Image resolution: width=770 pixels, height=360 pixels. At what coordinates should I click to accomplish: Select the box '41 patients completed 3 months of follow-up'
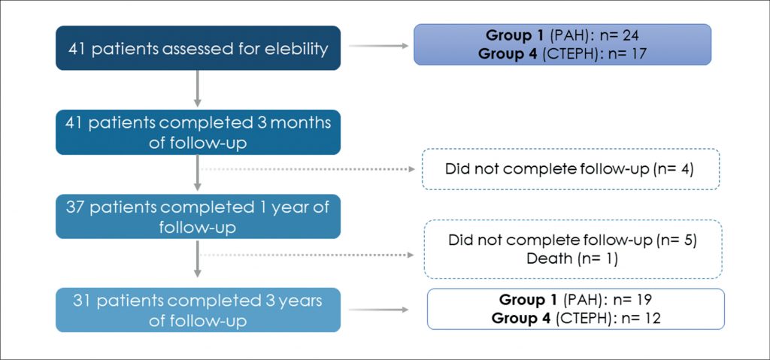[198, 132]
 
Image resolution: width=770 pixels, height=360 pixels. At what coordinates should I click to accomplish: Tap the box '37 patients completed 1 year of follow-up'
[198, 216]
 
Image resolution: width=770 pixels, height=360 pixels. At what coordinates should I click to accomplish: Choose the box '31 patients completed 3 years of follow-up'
[198, 310]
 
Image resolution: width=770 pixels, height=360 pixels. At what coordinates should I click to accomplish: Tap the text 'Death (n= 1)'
[572, 259]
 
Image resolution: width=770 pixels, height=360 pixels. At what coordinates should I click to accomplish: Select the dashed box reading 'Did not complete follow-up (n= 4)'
[570, 169]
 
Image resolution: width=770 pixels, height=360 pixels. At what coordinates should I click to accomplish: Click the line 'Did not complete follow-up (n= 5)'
[572, 241]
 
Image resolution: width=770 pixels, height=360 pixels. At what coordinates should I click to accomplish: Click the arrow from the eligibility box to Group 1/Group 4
[378, 46]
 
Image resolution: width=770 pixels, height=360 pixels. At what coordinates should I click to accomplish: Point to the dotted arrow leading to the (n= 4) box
[308, 169]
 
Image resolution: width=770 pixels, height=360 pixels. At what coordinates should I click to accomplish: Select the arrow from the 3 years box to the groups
[378, 310]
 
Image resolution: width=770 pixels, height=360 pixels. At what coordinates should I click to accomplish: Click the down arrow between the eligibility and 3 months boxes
[198, 89]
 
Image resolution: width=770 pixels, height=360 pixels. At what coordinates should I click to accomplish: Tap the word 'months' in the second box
[301, 123]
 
